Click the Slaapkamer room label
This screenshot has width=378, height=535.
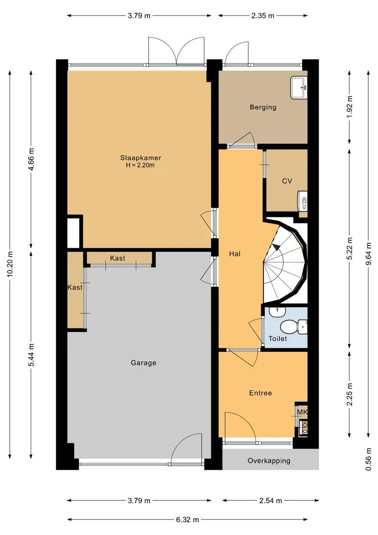pos(141,158)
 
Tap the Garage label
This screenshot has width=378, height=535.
pos(143,363)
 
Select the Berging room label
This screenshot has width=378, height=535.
pos(263,107)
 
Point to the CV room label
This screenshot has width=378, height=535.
pos(287,181)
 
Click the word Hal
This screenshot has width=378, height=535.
pos(235,254)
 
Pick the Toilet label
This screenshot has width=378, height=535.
pos(278,338)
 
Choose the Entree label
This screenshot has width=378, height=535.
pos(260,393)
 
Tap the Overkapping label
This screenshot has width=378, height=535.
pos(269,461)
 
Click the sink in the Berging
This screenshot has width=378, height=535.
pos(299,88)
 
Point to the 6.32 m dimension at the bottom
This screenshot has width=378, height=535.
pos(188,520)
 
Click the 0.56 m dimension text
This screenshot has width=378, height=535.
pos(369,459)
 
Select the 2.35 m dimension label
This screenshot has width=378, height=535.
pos(263,15)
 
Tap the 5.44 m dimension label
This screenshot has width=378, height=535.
pos(31,355)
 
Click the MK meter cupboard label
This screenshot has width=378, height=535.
pos(302,412)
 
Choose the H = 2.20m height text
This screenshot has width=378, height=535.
pos(141,165)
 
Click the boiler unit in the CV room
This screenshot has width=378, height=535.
pos(302,201)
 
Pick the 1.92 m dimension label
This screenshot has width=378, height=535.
pos(349,107)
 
